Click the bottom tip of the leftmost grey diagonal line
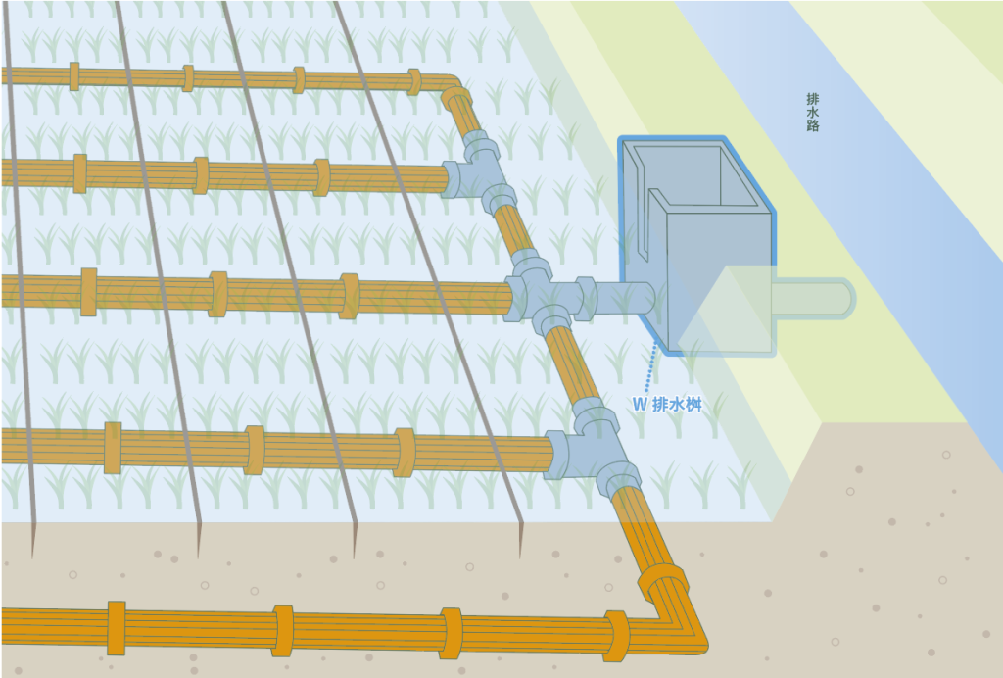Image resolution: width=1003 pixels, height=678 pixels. point(32,558)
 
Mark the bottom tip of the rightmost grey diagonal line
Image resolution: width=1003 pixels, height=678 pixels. point(520,558)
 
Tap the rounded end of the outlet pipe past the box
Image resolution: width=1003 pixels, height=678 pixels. point(853,298)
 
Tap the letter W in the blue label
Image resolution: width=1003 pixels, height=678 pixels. point(640,405)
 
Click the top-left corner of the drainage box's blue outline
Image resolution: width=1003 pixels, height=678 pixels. point(619,137)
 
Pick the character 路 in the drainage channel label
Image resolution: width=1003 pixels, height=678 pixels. point(812,125)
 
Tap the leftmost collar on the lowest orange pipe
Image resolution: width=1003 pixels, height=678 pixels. point(117,628)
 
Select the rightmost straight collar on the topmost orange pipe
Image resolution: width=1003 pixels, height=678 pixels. point(414,82)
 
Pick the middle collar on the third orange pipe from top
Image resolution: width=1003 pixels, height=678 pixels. point(217,294)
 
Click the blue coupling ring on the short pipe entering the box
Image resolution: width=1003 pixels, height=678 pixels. point(586,298)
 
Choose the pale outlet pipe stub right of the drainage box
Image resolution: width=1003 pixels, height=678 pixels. point(813,298)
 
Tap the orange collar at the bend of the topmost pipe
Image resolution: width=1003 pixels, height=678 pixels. point(456,101)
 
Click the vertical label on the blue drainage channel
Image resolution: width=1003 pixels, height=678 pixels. point(812,113)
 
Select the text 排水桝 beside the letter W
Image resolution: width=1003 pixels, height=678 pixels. point(677,405)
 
